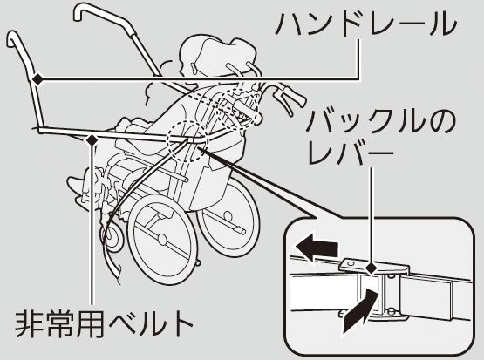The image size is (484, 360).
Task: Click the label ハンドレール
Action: pyautogui.click(x=365, y=24)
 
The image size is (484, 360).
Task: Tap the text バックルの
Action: pyautogui.click(x=380, y=121)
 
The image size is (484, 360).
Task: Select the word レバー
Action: pyautogui.click(x=351, y=152)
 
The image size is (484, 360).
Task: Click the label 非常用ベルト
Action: pyautogui.click(x=105, y=324)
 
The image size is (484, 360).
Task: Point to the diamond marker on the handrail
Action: pyautogui.click(x=38, y=79)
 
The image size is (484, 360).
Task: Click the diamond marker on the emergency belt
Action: pyautogui.click(x=92, y=140)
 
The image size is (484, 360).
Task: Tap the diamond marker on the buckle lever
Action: pyautogui.click(x=372, y=268)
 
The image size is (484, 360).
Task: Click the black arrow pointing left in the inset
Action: pyautogui.click(x=317, y=248)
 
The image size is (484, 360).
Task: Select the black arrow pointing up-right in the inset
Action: pyautogui.click(x=360, y=311)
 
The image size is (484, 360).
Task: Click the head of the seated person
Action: pyautogui.click(x=216, y=57)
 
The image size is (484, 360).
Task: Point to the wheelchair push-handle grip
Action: pyautogui.click(x=294, y=96)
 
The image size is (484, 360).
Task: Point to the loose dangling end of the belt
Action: pyautogui.click(x=112, y=262)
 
